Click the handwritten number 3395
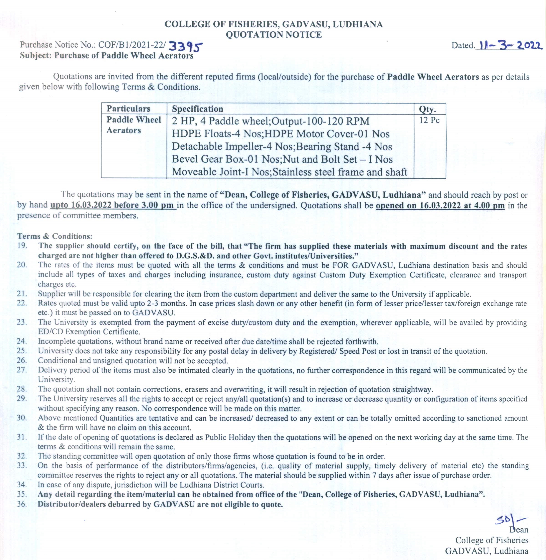click(x=186, y=46)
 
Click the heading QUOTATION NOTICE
click(x=274, y=35)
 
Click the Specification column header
click(x=197, y=109)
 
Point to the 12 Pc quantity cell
click(x=429, y=120)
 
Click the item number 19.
click(x=22, y=246)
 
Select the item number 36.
click(x=22, y=504)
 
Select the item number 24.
click(x=22, y=341)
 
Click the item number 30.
click(x=22, y=418)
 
